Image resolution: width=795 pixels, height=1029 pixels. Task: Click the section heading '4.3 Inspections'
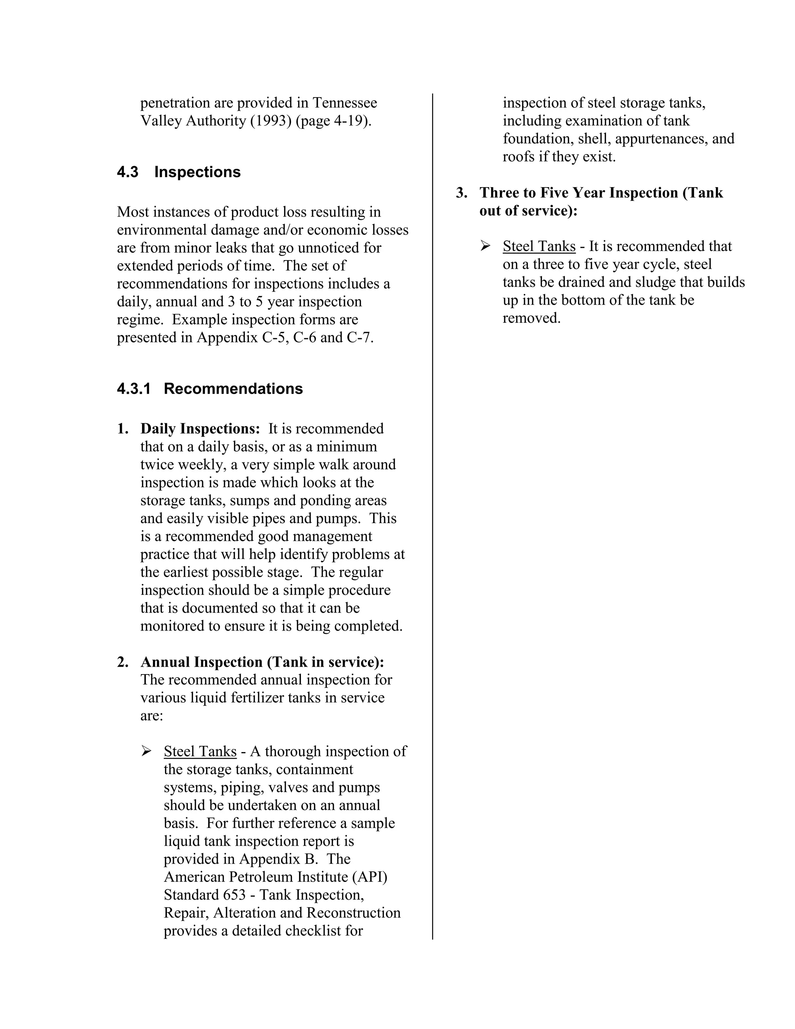pyautogui.click(x=179, y=172)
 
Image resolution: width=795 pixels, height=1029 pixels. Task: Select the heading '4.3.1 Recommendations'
pyautogui.click(x=210, y=389)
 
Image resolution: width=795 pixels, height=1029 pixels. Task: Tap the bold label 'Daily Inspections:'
pyautogui.click(x=200, y=429)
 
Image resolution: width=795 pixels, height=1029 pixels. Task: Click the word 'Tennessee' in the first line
pyautogui.click(x=345, y=103)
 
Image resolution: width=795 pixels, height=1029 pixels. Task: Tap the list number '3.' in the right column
pyautogui.click(x=462, y=193)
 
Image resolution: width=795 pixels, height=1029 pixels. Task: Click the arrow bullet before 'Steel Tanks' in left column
pyautogui.click(x=146, y=751)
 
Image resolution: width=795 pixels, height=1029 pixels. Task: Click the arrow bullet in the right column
pyautogui.click(x=485, y=247)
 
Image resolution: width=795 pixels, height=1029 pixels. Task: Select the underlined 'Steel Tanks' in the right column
pyautogui.click(x=539, y=247)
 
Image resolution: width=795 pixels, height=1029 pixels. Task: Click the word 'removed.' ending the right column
pyautogui.click(x=531, y=318)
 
